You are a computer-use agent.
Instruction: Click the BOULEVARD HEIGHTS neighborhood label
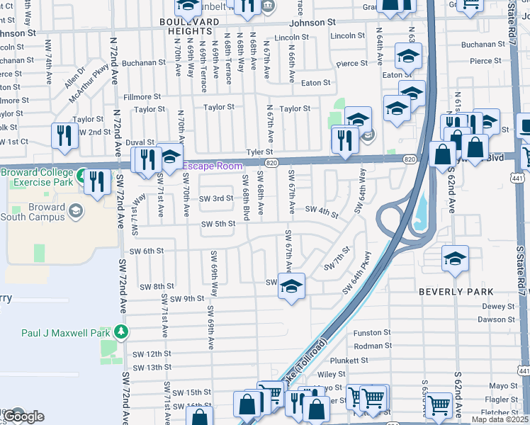(190, 27)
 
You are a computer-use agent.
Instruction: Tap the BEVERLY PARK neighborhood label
(456, 292)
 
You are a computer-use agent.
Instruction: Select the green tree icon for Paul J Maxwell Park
(122, 331)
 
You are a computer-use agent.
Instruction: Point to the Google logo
(24, 416)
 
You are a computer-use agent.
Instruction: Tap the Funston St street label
(372, 332)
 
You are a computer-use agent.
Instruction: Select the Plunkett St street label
(372, 360)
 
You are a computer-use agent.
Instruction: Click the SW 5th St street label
(218, 225)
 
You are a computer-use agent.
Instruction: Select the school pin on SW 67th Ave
(291, 286)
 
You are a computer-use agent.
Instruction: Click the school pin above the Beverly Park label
(455, 259)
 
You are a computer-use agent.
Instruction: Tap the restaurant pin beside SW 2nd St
(64, 135)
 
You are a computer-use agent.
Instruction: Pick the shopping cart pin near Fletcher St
(439, 406)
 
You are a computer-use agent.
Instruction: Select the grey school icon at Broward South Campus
(75, 210)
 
